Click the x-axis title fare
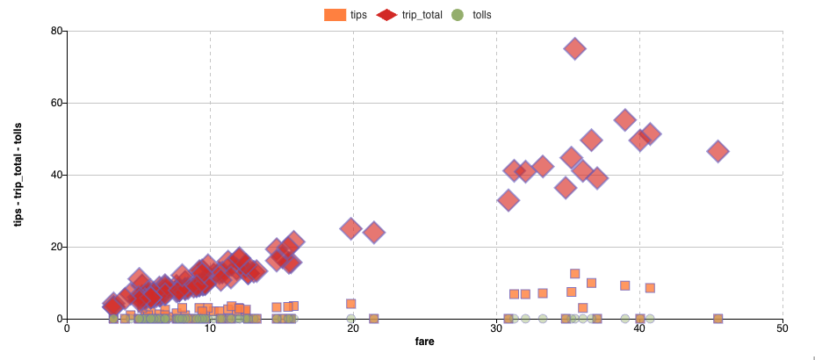(x=425, y=340)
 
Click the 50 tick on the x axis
(x=783, y=329)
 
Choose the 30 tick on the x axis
(x=496, y=329)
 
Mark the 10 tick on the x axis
(x=210, y=329)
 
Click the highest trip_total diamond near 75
(x=574, y=49)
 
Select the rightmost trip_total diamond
(x=718, y=151)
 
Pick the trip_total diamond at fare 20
(x=351, y=228)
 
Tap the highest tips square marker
(x=574, y=274)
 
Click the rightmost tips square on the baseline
(x=718, y=319)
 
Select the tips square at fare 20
(x=351, y=304)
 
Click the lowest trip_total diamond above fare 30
(x=508, y=200)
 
